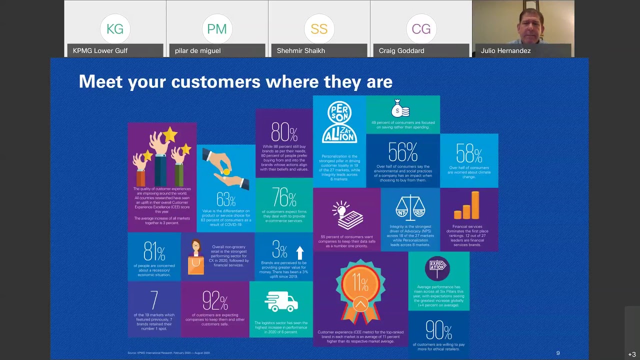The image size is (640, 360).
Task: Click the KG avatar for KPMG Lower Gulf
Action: click(115, 29)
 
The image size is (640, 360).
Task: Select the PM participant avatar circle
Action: click(217, 29)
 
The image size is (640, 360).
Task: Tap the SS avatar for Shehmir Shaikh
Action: click(319, 29)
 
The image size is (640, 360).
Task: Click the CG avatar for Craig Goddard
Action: click(421, 29)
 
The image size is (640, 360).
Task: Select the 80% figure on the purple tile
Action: click(284, 132)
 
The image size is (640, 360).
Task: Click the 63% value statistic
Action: click(226, 200)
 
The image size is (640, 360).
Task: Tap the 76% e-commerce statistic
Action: click(284, 197)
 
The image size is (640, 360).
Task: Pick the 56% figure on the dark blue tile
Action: click(402, 152)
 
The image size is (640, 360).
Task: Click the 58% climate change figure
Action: click(469, 153)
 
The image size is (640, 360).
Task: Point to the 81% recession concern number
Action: click(154, 251)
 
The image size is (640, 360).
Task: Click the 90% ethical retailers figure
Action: click(439, 330)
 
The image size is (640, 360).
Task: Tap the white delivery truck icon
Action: click(280, 301)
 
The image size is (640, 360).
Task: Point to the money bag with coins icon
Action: click(400, 108)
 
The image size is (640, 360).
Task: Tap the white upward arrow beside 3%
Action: click(300, 252)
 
